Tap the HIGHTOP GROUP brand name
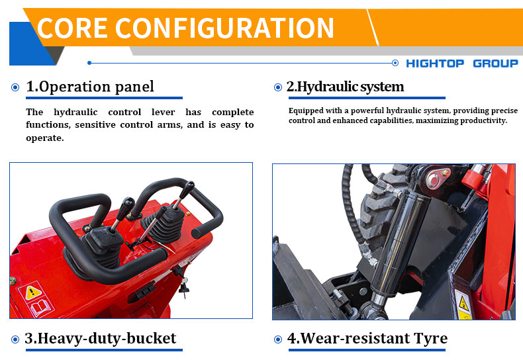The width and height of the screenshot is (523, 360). point(461,64)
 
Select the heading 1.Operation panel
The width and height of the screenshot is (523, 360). point(89,87)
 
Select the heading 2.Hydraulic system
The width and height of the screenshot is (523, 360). point(345,87)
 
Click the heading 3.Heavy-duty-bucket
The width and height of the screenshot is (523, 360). point(101,339)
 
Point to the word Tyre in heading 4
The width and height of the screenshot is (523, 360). point(427,339)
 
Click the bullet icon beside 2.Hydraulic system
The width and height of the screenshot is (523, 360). point(278,87)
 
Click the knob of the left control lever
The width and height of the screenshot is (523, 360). point(128,202)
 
